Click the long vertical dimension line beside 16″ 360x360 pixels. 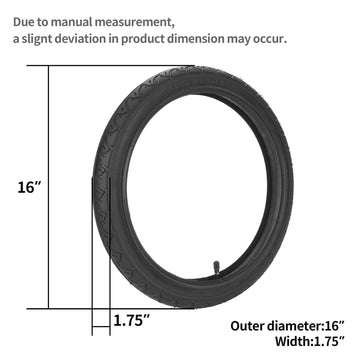point(48,187)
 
